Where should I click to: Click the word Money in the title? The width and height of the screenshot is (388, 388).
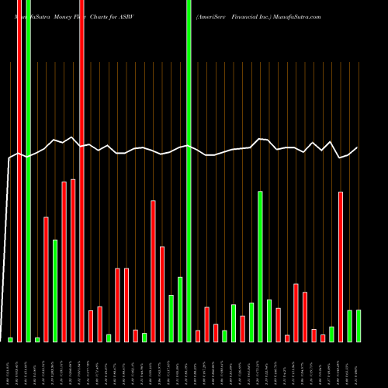point(52,16)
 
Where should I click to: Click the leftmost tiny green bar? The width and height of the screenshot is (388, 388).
point(10,339)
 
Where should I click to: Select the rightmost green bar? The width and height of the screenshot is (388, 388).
point(359,325)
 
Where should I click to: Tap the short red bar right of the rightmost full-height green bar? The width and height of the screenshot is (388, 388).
point(198,335)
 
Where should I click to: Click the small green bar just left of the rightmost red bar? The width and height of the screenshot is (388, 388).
point(331,334)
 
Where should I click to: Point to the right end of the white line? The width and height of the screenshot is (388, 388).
point(358,147)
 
